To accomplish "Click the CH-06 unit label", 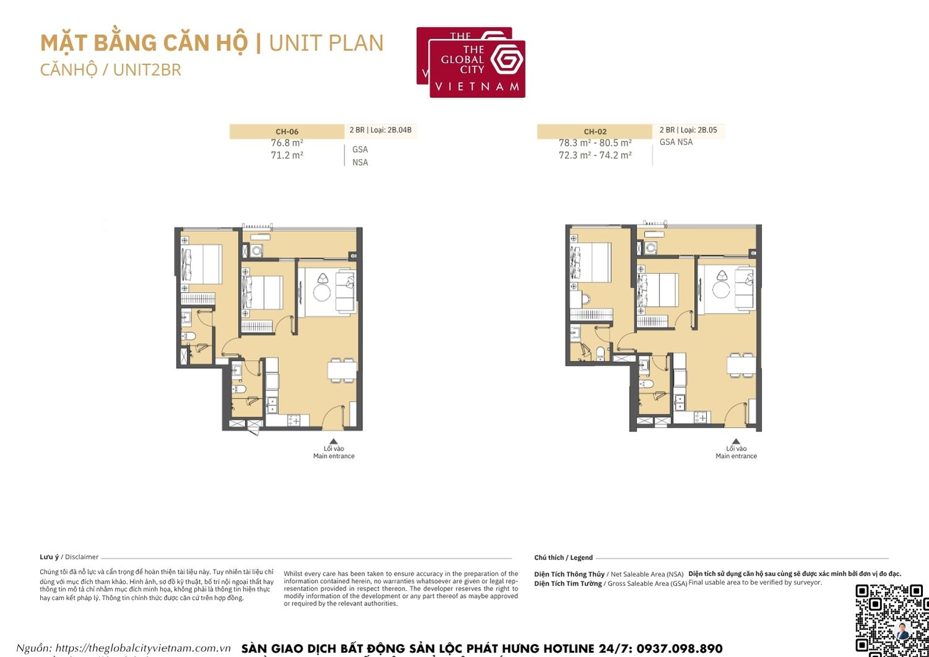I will [x=287, y=131].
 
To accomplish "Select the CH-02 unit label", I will [x=595, y=131].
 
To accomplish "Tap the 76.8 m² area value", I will [x=287, y=143].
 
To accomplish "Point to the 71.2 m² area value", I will [x=287, y=156].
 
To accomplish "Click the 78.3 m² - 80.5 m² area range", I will [x=595, y=143].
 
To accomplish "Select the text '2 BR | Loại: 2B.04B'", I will [x=380, y=130].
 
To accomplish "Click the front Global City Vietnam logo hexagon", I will [x=507, y=60].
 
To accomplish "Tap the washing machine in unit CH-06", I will [x=256, y=251].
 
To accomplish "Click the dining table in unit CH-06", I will [x=342, y=369].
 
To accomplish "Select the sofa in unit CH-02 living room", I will [x=744, y=289].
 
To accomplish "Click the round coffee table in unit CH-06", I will [x=321, y=292].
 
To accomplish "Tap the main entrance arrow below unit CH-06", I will [x=333, y=441].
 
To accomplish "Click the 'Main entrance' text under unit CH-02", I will [x=736, y=456].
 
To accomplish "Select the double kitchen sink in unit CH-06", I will [x=271, y=405].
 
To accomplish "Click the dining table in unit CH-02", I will [x=741, y=364].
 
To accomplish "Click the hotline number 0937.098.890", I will [x=679, y=648].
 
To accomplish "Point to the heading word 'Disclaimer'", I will [x=82, y=557].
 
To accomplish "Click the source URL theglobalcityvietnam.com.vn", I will [x=142, y=648].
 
